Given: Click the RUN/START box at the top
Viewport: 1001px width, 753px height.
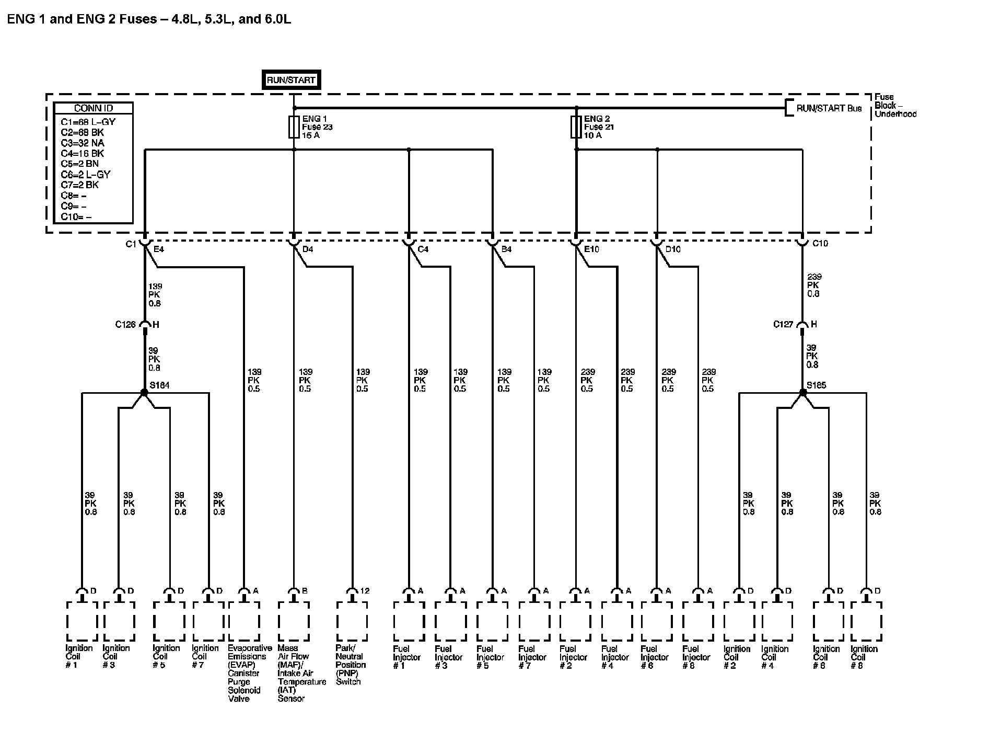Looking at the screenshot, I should point(291,80).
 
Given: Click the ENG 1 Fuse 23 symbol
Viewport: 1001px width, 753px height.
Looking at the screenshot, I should point(294,127).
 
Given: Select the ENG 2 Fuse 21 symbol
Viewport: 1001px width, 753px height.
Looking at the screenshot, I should point(576,127).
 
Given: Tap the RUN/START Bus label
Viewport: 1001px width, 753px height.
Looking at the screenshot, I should point(829,109).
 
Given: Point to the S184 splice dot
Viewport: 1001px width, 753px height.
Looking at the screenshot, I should point(145,392).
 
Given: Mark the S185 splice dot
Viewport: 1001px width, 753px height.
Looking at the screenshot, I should point(803,392).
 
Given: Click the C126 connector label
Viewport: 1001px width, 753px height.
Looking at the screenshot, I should point(125,325).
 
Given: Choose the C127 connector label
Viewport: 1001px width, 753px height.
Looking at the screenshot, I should point(783,325).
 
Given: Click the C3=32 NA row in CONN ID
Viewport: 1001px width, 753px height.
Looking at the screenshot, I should point(83,143).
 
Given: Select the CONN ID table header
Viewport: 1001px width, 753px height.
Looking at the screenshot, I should point(94,108).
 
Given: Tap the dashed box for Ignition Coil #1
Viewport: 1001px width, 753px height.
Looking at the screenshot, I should point(82,621).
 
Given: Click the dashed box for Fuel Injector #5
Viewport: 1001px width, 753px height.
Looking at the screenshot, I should point(492,621).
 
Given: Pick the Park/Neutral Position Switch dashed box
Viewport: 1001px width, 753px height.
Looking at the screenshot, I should point(352,621).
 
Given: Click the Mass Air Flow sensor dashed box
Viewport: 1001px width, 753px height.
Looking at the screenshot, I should point(294,621).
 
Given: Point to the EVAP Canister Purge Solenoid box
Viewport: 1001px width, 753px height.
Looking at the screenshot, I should point(244,621).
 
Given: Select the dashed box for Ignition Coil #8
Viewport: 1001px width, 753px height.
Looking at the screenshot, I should point(866,621).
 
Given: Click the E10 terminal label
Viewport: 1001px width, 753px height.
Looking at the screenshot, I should point(591,249).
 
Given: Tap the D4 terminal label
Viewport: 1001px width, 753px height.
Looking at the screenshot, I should point(308,249).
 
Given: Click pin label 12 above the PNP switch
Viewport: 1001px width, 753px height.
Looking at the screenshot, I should point(365,591).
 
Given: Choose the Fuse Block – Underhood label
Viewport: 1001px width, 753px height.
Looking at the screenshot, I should point(895,106).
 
